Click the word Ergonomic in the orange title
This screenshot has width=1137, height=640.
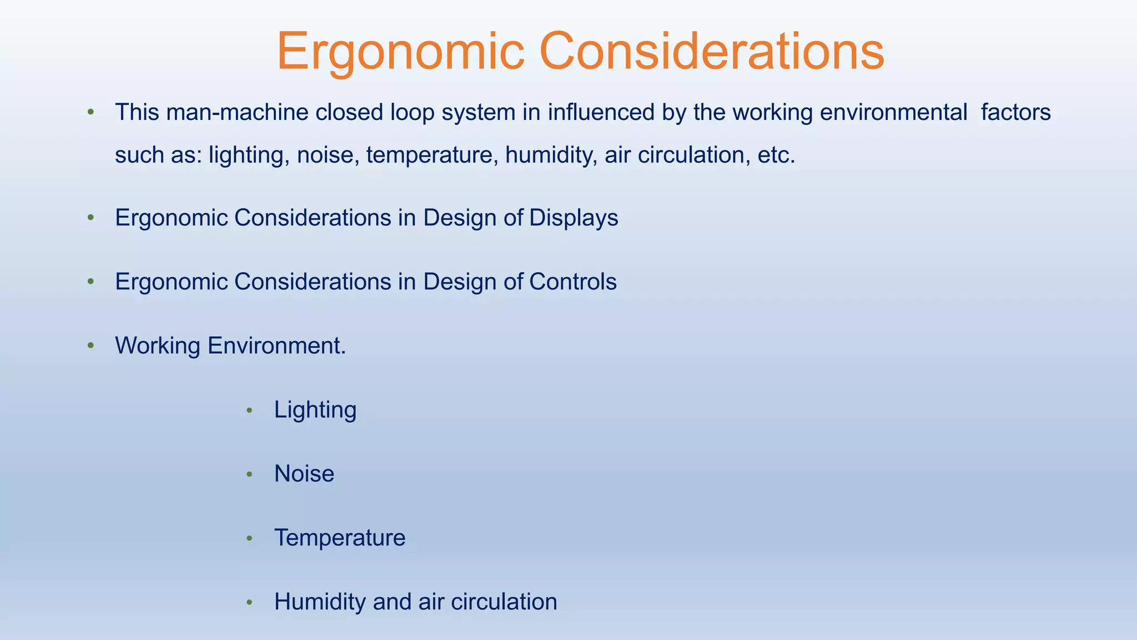click(400, 51)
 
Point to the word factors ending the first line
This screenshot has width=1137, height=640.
click(1015, 112)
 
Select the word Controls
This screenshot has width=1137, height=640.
click(572, 282)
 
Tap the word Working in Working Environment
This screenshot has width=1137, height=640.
click(157, 346)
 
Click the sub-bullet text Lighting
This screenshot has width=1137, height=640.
click(315, 410)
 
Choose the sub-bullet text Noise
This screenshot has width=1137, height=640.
click(304, 474)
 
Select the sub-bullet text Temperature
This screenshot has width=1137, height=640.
click(340, 538)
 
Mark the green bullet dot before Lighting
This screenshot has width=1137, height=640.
click(249, 411)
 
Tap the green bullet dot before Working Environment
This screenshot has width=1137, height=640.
click(90, 346)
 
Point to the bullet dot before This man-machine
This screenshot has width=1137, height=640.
click(90, 113)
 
